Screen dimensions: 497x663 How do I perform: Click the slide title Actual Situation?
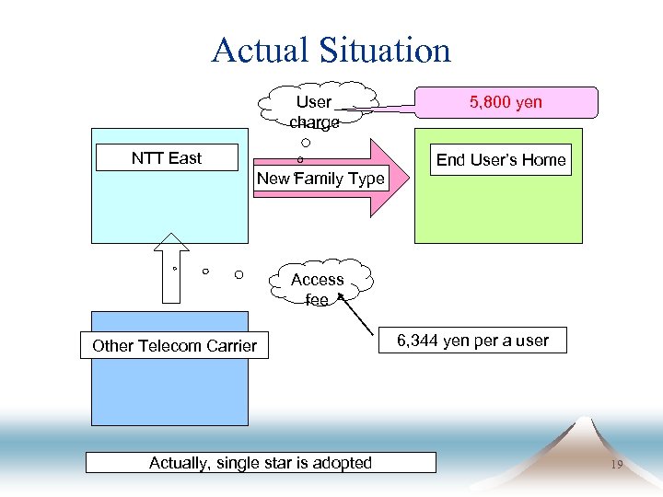[331, 50]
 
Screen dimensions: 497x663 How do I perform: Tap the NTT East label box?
[166, 158]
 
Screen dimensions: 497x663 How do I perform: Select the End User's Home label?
[501, 160]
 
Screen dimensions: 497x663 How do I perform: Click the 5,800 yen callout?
[506, 102]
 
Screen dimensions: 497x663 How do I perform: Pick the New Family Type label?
[320, 179]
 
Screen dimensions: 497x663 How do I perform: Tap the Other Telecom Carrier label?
[174, 346]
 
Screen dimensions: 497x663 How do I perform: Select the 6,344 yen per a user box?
[472, 341]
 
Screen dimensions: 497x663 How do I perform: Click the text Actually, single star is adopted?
[261, 462]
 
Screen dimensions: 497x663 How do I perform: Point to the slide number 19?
[616, 466]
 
